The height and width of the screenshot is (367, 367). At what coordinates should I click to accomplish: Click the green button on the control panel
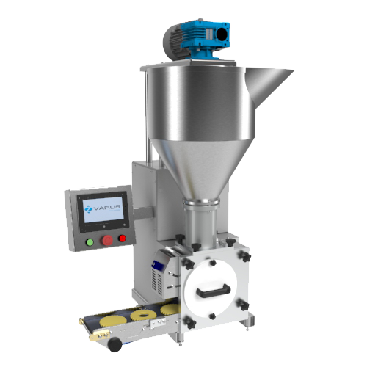90,242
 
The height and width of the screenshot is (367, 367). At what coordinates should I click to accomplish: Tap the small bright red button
122,238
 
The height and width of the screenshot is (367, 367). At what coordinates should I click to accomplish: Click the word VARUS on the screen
107,208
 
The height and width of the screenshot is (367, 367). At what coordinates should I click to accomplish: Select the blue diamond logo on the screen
88,209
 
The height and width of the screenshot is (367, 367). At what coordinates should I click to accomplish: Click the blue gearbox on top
205,38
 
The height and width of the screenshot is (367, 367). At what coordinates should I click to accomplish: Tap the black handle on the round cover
214,291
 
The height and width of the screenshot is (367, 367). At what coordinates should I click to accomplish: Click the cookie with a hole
142,316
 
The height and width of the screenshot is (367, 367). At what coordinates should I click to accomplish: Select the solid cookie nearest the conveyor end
113,321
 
